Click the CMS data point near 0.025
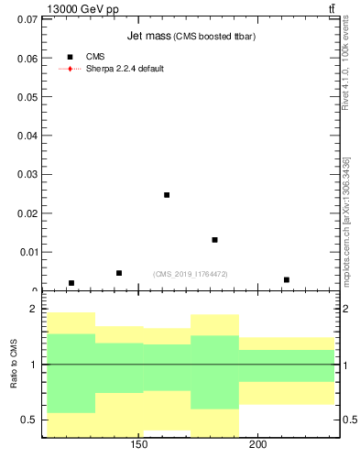pos(167,195)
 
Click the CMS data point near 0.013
pos(214,240)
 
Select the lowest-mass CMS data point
pos(71,283)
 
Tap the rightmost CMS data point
pos(287,280)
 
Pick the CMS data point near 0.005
pos(119,273)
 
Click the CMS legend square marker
pos(70,57)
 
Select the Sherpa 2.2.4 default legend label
pos(125,69)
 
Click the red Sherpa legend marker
pos(70,69)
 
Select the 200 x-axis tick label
pos(257,446)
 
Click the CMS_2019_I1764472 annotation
pos(191,274)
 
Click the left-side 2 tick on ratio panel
pos(33,310)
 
